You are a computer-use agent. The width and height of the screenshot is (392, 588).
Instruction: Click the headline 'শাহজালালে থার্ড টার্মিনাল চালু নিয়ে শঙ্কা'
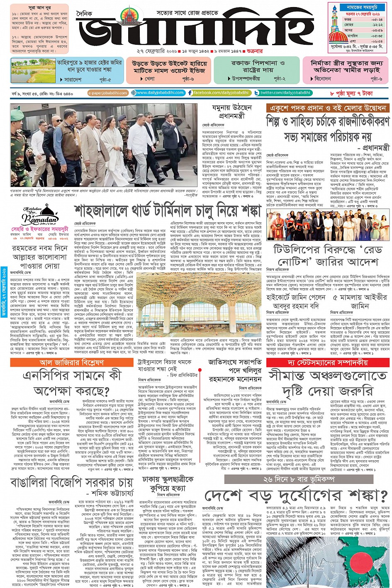click(168, 210)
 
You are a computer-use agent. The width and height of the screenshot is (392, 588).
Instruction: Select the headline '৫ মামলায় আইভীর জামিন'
click(360, 301)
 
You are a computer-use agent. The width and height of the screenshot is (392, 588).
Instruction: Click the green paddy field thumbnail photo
click(27, 70)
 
